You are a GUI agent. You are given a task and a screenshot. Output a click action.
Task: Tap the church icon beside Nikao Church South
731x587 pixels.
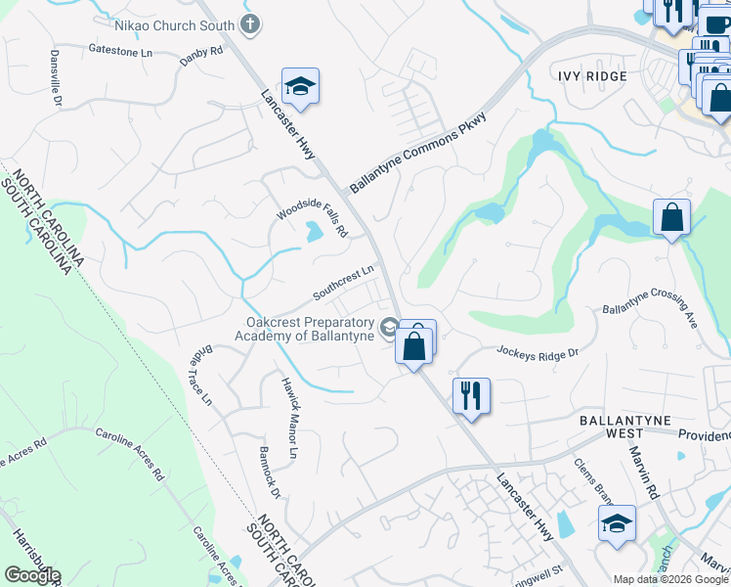pos(250,23)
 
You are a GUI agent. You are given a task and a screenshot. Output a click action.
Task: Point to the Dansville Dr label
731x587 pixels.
pos(56,79)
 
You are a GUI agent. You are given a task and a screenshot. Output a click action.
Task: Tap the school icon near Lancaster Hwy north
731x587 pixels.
pos(301,88)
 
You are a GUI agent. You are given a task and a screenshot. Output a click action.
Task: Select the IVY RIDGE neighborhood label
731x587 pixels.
pos(591,75)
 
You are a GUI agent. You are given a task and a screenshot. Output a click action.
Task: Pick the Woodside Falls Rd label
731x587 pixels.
pos(312,218)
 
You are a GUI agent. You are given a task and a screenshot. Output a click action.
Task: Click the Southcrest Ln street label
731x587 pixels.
pos(344,284)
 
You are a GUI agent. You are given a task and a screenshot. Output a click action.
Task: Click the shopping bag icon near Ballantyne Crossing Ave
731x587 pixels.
pos(671,218)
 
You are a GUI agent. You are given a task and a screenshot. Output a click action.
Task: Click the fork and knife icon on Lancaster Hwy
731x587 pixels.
pos(471,396)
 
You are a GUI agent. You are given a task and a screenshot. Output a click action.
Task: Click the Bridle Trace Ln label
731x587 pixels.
pos(199,376)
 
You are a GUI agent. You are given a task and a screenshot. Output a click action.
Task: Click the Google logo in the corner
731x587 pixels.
pos(32,574)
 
